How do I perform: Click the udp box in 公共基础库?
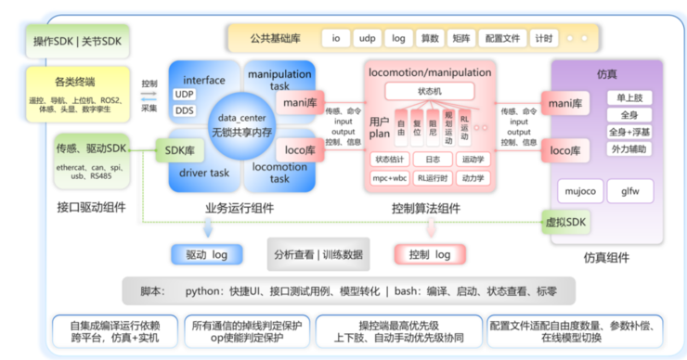369,39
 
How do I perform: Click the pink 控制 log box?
430,253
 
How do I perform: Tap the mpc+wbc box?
382,178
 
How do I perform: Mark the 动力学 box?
473,178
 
